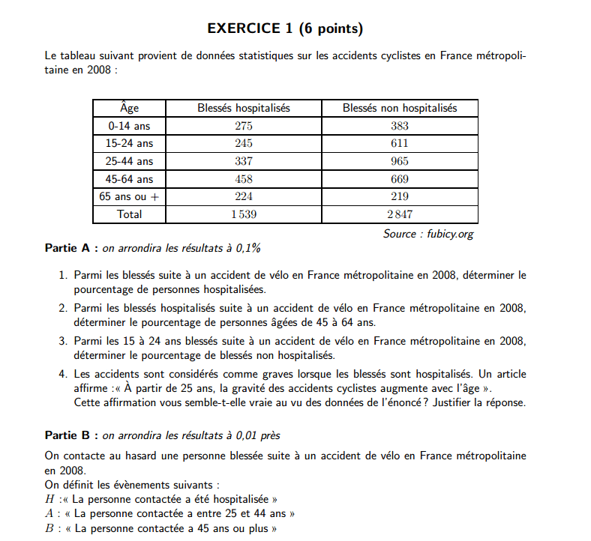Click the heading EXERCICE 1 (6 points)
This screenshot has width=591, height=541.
tap(285, 29)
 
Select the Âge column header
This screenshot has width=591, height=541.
tap(130, 109)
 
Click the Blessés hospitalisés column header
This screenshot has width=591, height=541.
tap(244, 109)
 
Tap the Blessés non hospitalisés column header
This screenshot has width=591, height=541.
tap(400, 109)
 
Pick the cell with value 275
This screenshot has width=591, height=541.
tap(244, 126)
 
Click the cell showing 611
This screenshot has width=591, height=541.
tap(400, 143)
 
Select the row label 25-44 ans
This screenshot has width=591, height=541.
tap(130, 161)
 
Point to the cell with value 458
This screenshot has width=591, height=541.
tap(244, 179)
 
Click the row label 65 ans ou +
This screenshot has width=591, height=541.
tap(130, 196)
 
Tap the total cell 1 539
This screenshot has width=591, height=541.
tap(244, 214)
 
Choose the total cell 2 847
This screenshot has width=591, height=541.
tap(400, 214)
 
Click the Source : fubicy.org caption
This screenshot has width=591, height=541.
tap(428, 234)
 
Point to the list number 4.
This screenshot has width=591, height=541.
tap(63, 374)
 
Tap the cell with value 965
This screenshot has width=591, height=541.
tap(400, 161)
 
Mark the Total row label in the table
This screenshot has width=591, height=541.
tap(130, 214)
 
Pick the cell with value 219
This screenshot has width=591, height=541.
tap(400, 196)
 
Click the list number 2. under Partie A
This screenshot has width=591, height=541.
tap(63, 308)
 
